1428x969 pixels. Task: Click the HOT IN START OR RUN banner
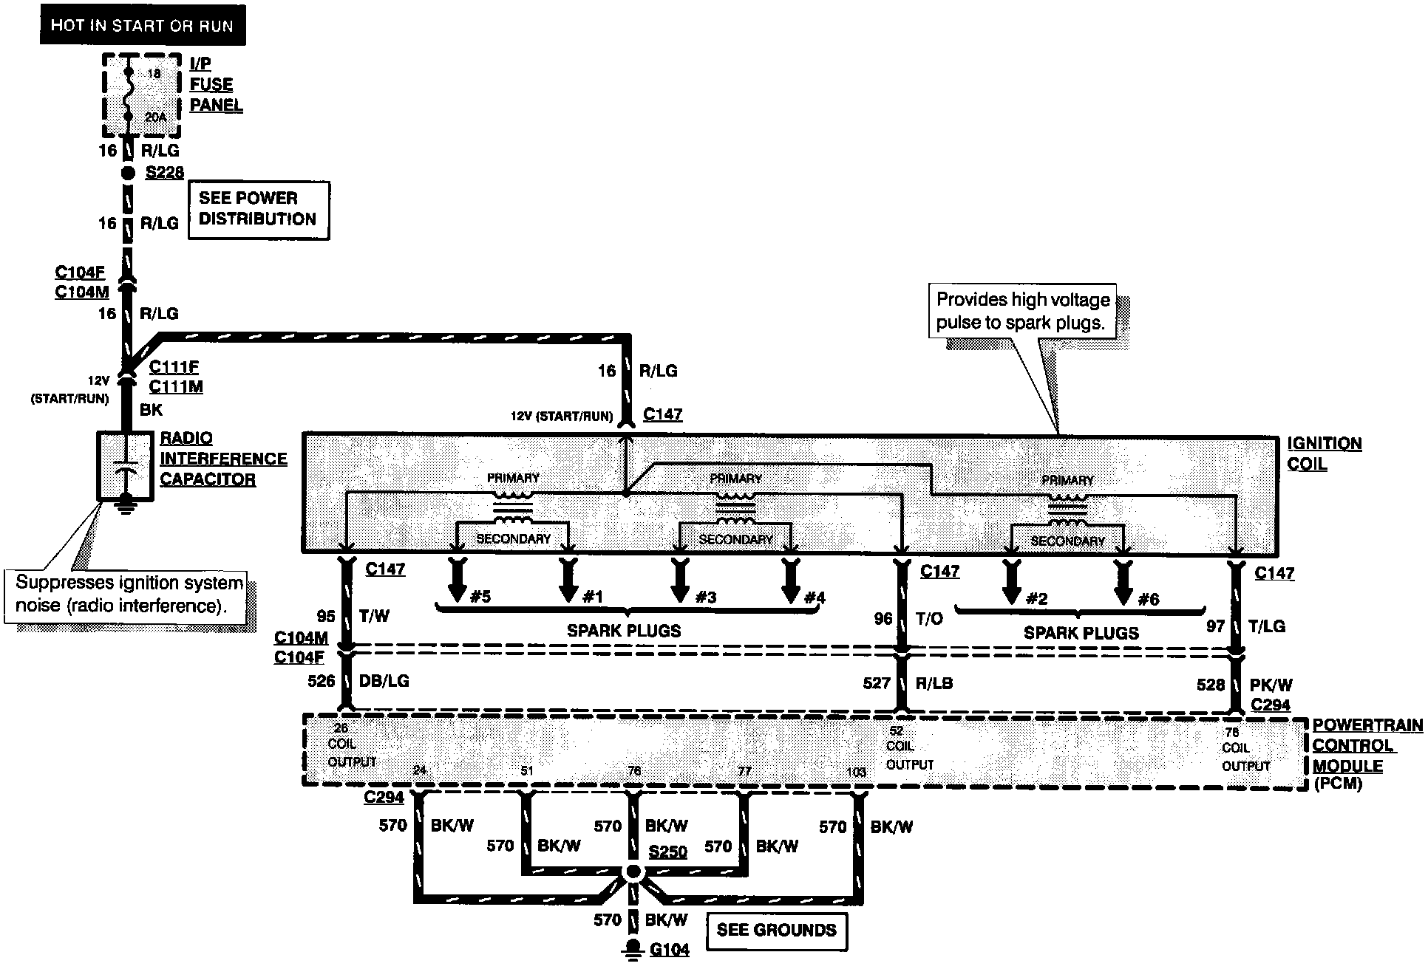coord(142,26)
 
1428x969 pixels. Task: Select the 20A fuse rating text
coord(155,117)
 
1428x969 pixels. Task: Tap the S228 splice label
coord(164,173)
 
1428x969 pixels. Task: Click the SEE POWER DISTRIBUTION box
coord(258,209)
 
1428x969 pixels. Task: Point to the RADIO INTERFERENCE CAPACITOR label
coord(222,459)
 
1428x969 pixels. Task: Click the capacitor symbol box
coord(126,468)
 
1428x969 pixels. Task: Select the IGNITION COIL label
coord(1324,453)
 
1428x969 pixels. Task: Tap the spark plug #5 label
coord(480,596)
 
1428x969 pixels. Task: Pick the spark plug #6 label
coord(1148,599)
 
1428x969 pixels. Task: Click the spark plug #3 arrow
coord(679,581)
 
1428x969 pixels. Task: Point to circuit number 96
coord(883,618)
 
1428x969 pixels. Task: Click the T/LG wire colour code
coord(1266,626)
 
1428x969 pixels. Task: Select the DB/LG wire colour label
coord(383,681)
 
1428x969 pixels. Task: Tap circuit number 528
coord(1210,685)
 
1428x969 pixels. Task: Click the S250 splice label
coord(667,852)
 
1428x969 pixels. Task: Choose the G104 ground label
coord(670,950)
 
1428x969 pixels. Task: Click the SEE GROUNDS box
coord(776,930)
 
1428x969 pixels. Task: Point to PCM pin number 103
coord(856,773)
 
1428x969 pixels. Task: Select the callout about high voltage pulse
coord(1023,311)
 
